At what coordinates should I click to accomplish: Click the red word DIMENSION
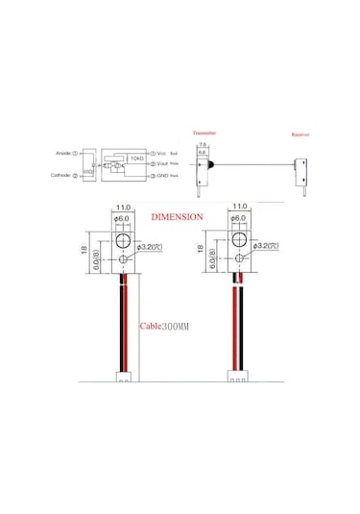point(176,218)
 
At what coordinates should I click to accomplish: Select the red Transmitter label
point(204,134)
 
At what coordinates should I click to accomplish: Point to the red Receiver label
point(301,135)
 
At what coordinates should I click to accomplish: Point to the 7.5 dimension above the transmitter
point(203,143)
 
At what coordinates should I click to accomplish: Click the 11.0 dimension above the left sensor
point(124,207)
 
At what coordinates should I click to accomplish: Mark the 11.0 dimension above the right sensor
point(240,207)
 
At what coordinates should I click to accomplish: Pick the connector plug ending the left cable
point(123,377)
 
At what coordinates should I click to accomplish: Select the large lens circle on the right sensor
point(238,237)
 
